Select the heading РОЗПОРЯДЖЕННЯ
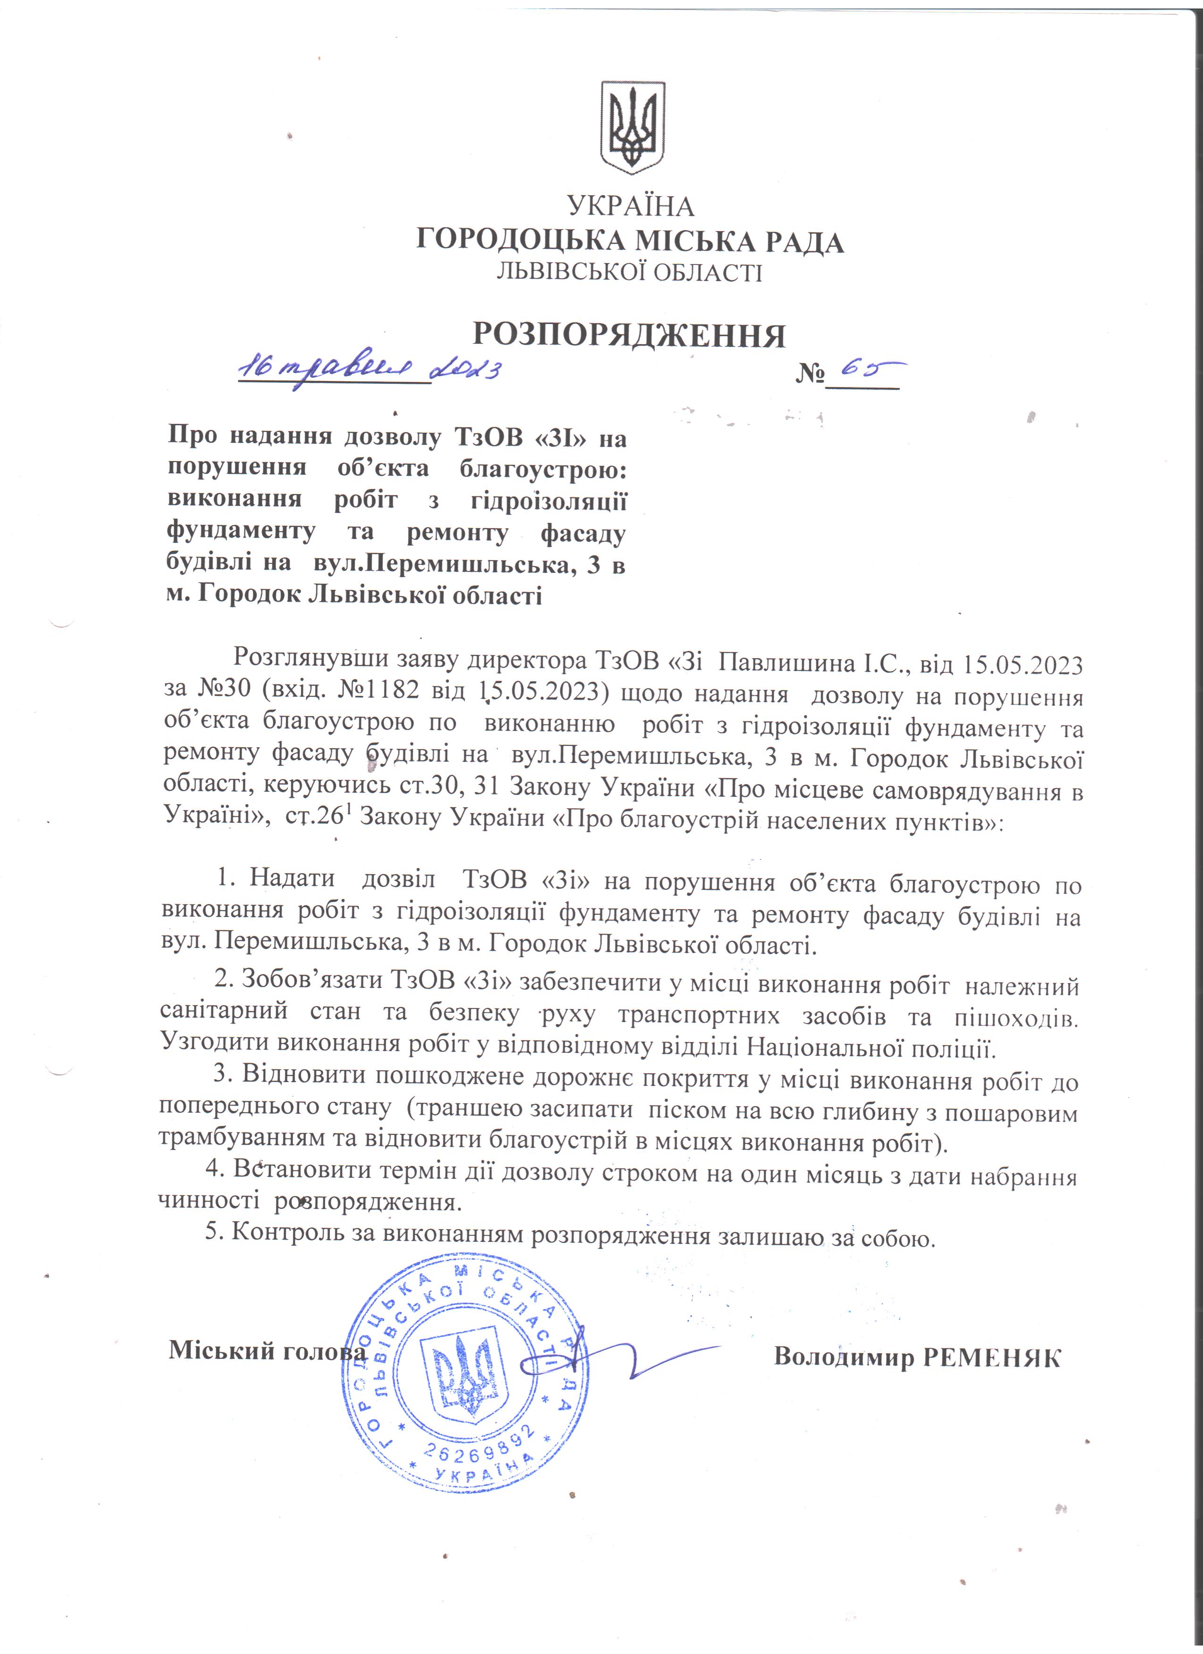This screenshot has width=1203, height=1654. pyautogui.click(x=630, y=335)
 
